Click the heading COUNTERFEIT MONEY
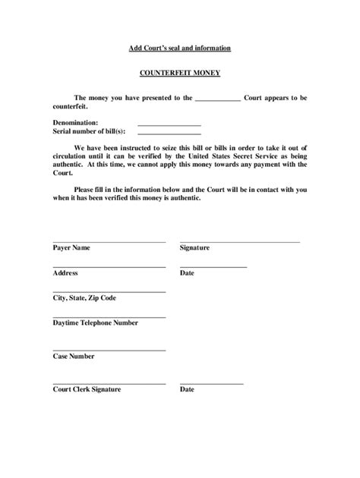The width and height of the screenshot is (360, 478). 179,76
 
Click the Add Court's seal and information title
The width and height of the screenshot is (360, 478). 179,49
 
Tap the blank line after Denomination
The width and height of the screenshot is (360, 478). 169,124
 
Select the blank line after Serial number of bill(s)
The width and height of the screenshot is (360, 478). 169,134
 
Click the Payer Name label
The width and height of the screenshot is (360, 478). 71,247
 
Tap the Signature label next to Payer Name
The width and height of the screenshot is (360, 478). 195,247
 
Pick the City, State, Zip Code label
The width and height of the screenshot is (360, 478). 84,297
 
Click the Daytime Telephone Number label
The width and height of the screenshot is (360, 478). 95,322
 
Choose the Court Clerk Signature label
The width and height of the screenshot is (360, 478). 87,389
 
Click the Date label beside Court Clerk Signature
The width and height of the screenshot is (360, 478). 187,389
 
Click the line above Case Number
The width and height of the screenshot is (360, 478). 109,350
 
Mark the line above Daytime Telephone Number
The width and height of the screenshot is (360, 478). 109,316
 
